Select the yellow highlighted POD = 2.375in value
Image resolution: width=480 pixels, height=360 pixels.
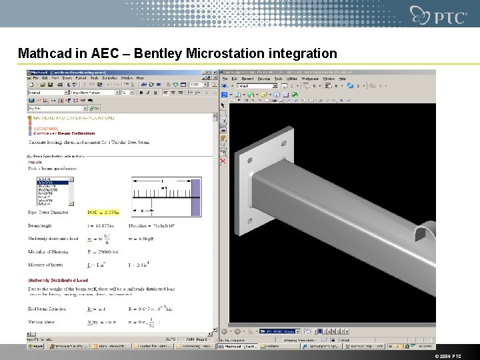click(x=104, y=213)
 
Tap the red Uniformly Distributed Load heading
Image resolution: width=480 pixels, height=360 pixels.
click(x=58, y=281)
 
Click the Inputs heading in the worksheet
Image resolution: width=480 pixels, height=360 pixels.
click(x=35, y=162)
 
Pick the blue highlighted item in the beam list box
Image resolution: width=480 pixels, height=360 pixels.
click(x=53, y=183)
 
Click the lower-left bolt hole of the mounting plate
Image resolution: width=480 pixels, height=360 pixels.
click(x=249, y=221)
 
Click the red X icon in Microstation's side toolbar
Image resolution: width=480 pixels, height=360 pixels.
click(x=223, y=161)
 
